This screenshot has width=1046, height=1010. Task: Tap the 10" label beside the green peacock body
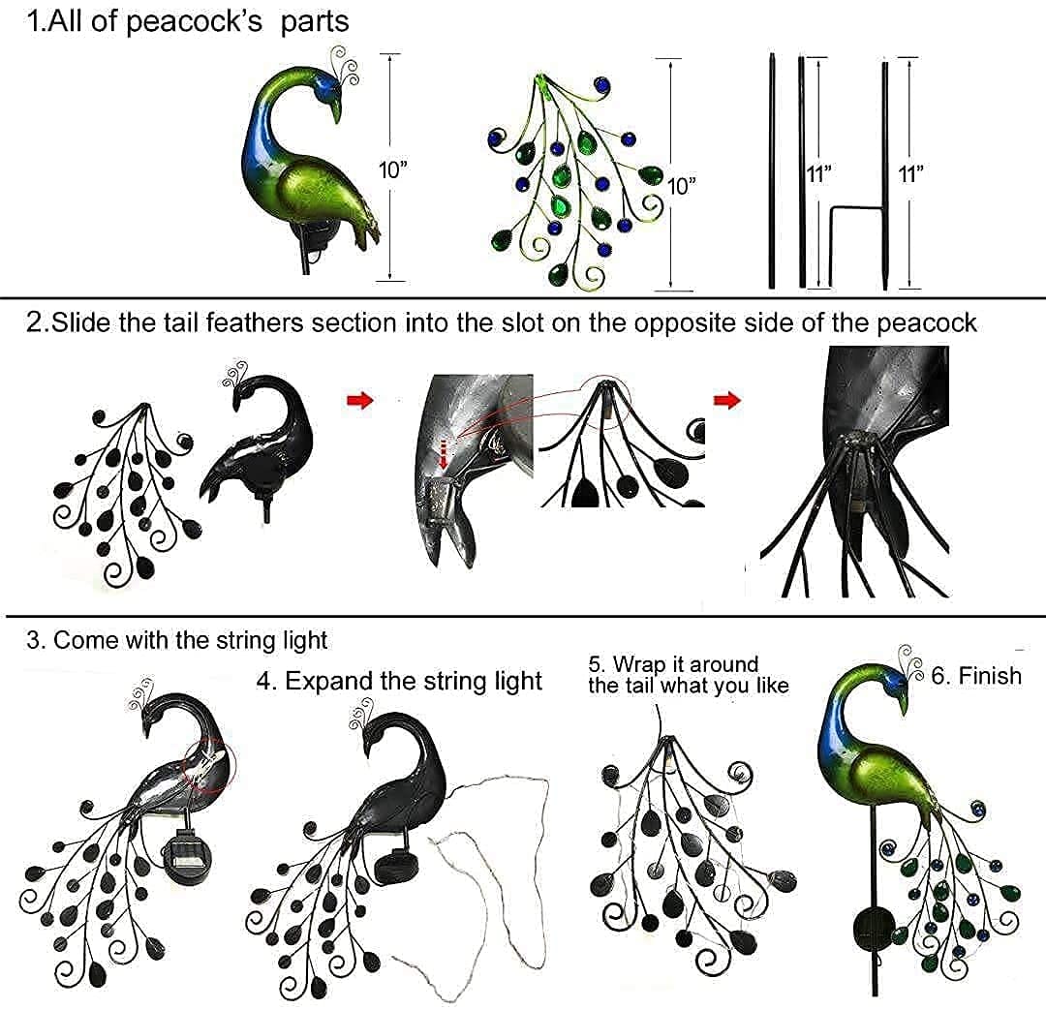392,169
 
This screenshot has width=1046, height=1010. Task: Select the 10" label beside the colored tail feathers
682,185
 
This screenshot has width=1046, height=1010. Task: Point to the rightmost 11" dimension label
910,173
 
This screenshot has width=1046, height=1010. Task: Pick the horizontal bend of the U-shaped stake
857,205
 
